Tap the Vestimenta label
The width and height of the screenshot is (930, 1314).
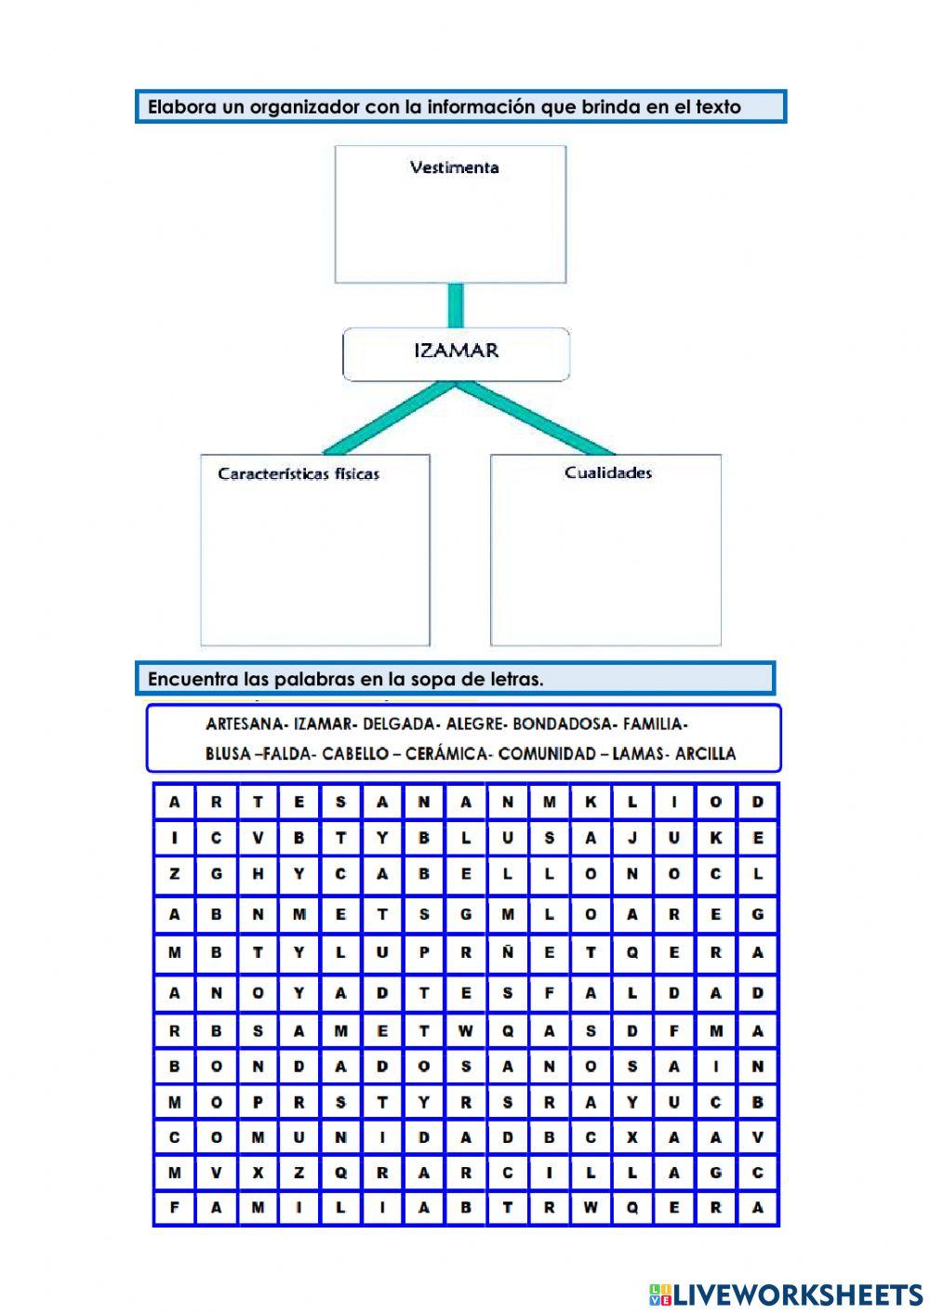click(454, 168)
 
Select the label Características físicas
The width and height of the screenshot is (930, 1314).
click(299, 474)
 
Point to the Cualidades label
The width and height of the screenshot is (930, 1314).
click(608, 473)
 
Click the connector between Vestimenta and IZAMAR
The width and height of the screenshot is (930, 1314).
click(455, 305)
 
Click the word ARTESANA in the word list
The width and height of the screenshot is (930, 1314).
click(245, 724)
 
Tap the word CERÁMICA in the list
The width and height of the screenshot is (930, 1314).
click(446, 754)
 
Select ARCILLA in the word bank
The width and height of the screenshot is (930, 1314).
click(706, 754)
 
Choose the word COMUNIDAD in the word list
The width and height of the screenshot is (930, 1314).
click(550, 754)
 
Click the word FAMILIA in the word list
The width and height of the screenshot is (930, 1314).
click(654, 724)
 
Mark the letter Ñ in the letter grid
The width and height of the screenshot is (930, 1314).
click(508, 953)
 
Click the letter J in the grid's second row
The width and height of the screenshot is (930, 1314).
click(632, 839)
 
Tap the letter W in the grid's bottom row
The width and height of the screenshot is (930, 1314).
click(591, 1209)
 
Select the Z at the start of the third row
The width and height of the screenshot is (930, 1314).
click(174, 875)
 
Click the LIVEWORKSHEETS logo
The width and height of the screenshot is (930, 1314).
click(786, 1294)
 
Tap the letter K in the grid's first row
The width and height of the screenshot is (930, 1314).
click(591, 803)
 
